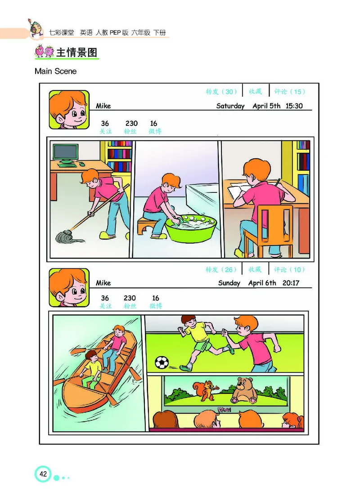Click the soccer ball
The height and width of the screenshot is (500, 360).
162,362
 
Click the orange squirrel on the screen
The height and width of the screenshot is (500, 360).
206,390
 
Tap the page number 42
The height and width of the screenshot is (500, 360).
43,474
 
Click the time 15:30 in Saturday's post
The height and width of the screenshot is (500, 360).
294,106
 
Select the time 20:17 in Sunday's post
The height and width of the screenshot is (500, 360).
291,283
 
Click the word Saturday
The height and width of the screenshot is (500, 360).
230,106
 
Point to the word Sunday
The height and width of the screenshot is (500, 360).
229,283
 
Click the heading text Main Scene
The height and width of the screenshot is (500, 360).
55,71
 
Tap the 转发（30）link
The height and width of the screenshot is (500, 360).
221,92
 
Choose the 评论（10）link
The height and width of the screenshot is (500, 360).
289,270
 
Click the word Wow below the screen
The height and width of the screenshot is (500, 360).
224,410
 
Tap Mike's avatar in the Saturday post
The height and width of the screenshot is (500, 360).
69,110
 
